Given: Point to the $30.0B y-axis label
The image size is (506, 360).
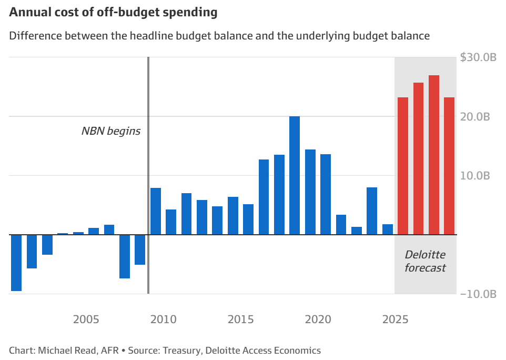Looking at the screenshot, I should point(478,57).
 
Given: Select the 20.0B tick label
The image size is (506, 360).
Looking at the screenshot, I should point(475,116).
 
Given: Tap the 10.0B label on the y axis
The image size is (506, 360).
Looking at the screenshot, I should point(475,175).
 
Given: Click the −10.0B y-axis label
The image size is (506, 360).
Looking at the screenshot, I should point(478,294).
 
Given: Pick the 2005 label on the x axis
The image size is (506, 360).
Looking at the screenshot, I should point(86,319).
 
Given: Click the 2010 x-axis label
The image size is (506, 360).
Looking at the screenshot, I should point(163,319).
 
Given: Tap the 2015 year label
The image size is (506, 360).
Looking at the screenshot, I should point(240,319).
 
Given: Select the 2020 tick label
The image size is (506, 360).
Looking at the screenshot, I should point(318,319).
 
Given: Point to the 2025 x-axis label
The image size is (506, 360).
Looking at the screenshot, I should point(395,319).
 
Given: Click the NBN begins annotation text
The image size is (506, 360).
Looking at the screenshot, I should point(111,131).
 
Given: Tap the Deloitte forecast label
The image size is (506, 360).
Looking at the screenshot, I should point(425,261).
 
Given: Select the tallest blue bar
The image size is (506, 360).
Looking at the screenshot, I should point(295,175).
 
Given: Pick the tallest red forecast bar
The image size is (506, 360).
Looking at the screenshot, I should point(434,155).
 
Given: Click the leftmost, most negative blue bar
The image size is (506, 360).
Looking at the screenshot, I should point(16,263).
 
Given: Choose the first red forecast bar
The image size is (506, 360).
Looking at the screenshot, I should point(403,166).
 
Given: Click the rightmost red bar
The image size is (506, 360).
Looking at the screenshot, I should point(449,166).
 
